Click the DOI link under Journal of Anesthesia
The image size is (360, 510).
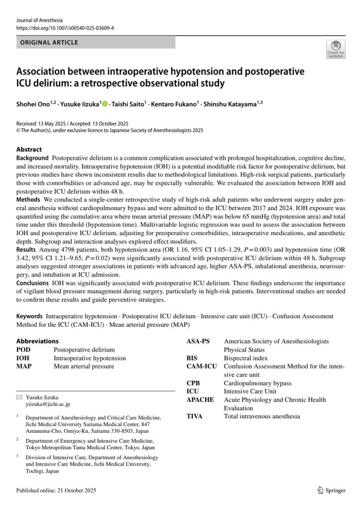(x=65, y=28)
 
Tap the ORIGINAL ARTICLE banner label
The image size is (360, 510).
(x=49, y=43)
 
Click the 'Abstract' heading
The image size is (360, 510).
(x=29, y=149)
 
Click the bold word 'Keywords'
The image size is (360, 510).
(x=29, y=316)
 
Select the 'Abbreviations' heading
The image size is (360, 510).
(x=37, y=341)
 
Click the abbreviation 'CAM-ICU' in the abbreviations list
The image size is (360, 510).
(x=202, y=367)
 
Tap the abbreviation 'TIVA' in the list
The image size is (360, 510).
(x=195, y=416)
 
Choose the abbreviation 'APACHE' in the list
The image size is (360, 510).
(x=200, y=399)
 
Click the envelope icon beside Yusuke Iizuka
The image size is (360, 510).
(x=19, y=398)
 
